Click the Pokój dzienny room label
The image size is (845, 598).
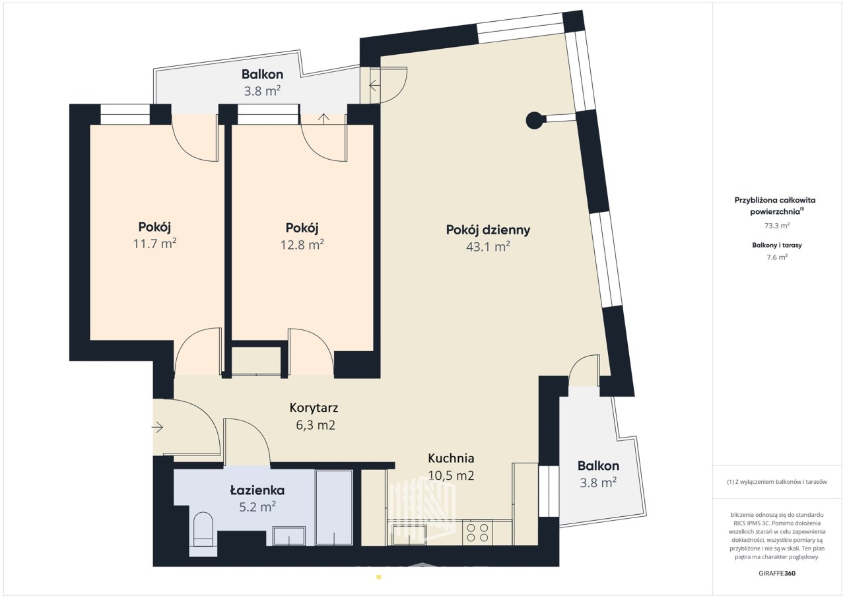click(x=488, y=230)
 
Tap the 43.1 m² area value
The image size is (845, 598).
click(x=488, y=247)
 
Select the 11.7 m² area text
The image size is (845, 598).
click(x=154, y=244)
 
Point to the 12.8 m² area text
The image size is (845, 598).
click(x=302, y=245)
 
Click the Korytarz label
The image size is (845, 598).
click(x=314, y=408)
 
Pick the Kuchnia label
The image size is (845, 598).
click(x=451, y=459)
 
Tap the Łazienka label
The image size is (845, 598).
click(x=257, y=490)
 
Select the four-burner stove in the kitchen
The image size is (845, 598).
click(x=477, y=533)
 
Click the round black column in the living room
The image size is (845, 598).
click(x=535, y=120)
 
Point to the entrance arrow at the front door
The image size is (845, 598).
click(x=157, y=427)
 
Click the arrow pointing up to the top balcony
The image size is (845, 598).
click(x=323, y=118)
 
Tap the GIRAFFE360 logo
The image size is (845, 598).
click(x=777, y=574)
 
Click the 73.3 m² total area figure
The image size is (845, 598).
click(x=777, y=226)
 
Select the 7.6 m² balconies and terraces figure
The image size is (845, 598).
click(x=777, y=257)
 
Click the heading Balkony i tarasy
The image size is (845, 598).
click(x=777, y=246)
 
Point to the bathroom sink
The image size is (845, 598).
click(x=289, y=536)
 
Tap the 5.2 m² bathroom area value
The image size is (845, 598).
click(x=257, y=507)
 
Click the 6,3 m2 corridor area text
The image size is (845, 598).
click(x=316, y=425)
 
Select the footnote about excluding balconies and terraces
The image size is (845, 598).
click(x=777, y=482)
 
